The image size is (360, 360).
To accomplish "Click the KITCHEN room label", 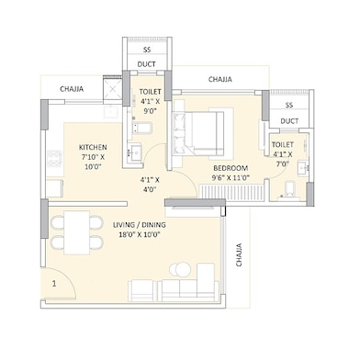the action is point(93,147).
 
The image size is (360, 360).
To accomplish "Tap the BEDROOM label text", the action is point(231,168).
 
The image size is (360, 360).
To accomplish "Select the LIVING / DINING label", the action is point(140,225).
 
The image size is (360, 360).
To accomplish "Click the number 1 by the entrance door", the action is point(54,284).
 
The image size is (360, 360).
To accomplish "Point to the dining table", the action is point(77,232).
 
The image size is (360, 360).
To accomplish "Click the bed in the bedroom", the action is point(198,133).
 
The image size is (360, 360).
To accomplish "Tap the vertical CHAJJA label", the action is point(239,254).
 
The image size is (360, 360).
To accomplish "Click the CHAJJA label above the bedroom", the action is point(220,80).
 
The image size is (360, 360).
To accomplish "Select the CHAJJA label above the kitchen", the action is point(72,89).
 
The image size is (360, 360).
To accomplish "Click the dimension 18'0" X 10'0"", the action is point(140,235).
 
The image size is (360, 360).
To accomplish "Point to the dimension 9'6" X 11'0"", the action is point(231,177).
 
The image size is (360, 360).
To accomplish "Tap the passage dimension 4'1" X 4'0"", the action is point(150,185).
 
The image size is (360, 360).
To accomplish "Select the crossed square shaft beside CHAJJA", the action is point(113,90).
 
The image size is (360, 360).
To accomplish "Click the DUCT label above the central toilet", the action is point(147,64).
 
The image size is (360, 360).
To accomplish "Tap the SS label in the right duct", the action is point(289,105).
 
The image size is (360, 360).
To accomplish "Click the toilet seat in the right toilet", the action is point(289,188).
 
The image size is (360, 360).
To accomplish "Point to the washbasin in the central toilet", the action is point(134,152).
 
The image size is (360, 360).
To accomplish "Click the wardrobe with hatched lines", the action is point(231,193).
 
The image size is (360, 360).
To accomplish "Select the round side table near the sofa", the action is point(179,270).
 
